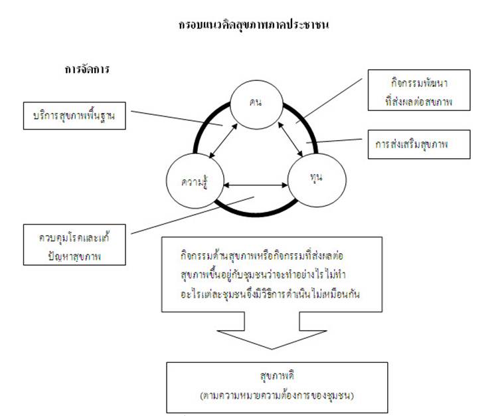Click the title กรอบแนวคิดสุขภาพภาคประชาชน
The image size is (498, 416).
(x=254, y=26)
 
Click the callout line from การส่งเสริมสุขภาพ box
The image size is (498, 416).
(x=337, y=142)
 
